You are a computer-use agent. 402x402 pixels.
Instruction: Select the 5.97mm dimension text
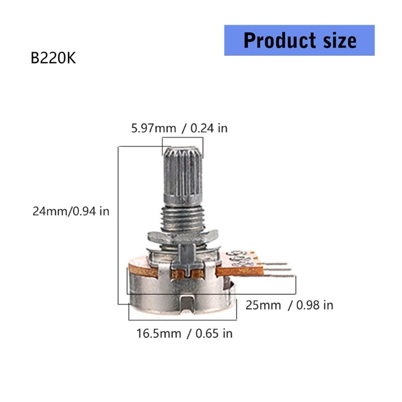click(x=154, y=128)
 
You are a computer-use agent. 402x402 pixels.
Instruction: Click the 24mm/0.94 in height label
click(x=70, y=211)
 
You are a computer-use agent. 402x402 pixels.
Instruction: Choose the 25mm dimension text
click(x=263, y=305)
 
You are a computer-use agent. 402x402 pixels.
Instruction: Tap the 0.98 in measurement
click(x=315, y=305)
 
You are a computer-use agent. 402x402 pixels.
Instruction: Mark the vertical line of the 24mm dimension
click(x=118, y=226)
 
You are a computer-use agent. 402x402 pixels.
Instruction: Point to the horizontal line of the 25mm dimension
click(x=211, y=293)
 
